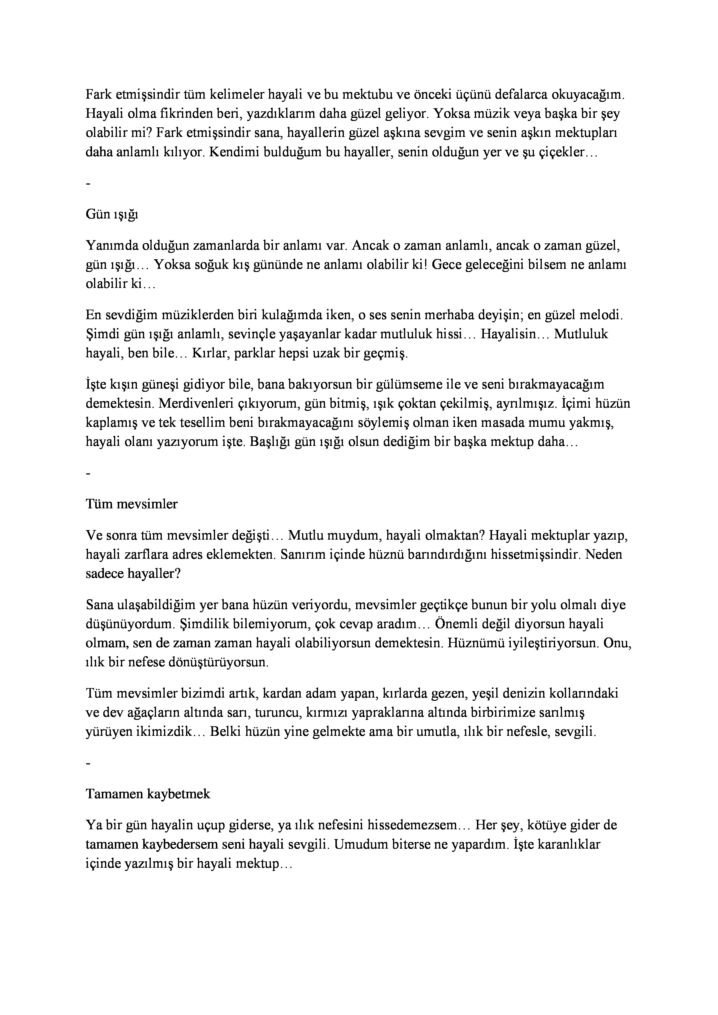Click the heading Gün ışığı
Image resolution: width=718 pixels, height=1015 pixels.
tap(112, 215)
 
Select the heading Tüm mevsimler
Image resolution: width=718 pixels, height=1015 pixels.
tap(131, 504)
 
